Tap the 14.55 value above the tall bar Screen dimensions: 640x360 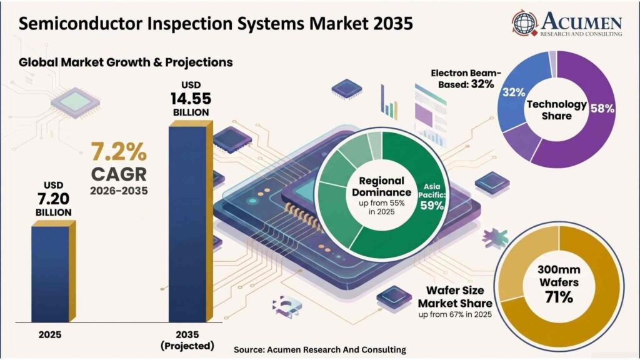pyautogui.click(x=191, y=99)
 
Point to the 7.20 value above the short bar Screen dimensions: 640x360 pyautogui.click(x=54, y=199)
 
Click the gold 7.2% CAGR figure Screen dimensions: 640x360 pyautogui.click(x=119, y=152)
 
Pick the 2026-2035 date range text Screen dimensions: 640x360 pyautogui.click(x=119, y=191)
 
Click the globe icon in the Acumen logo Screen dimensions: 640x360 pyautogui.click(x=525, y=23)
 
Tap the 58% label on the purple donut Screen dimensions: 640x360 pyautogui.click(x=602, y=109)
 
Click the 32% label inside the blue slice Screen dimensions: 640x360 pyautogui.click(x=514, y=92)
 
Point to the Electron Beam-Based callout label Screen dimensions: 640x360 pyautogui.click(x=466, y=79)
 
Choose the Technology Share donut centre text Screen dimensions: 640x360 pyautogui.click(x=556, y=110)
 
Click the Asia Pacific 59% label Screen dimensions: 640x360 pyautogui.click(x=432, y=197)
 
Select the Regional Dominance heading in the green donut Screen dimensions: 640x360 pyautogui.click(x=382, y=186)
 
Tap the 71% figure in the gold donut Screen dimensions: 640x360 pyautogui.click(x=559, y=297)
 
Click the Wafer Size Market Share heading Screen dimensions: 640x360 pyautogui.click(x=455, y=297)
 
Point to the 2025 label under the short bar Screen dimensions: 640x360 pyautogui.click(x=50, y=335)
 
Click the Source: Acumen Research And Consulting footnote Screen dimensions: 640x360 pyautogui.click(x=320, y=350)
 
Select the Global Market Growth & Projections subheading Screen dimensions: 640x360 pyautogui.click(x=126, y=62)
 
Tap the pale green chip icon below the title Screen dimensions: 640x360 pyautogui.click(x=76, y=102)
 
